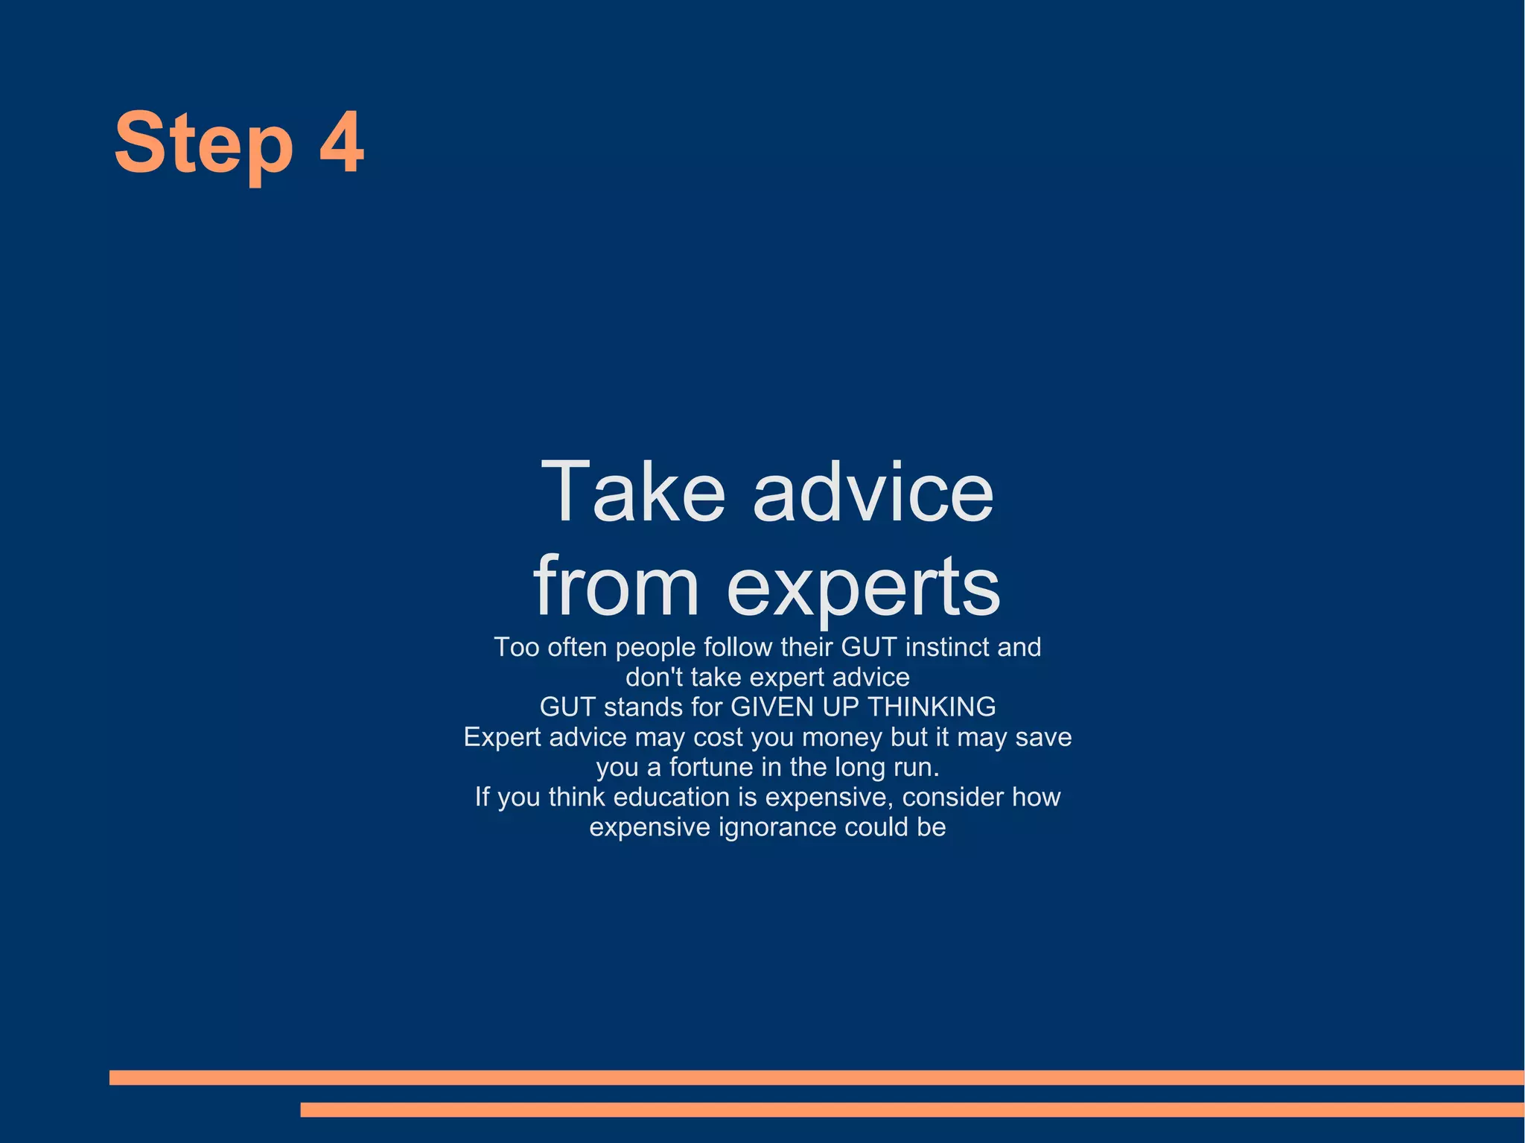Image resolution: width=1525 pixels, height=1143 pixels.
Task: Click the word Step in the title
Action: pos(203,144)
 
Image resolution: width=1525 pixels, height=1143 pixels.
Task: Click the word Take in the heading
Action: pos(632,492)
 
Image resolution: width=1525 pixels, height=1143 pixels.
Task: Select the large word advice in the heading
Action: pos(873,492)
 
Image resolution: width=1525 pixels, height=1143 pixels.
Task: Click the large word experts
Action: pos(863,588)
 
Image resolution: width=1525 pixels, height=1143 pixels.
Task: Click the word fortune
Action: pos(711,767)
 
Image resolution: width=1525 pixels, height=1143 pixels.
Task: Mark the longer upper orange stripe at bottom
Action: pos(817,1077)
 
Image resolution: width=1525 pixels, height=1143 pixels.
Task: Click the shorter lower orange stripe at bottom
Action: pos(912,1109)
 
